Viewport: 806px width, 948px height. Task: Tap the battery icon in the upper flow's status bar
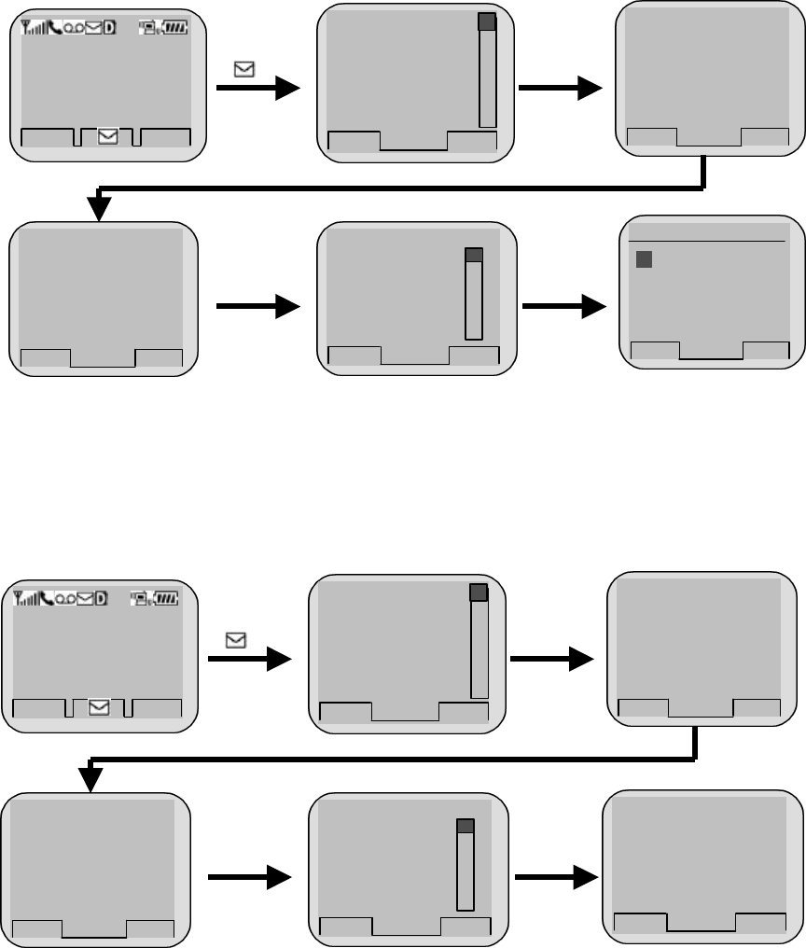174,29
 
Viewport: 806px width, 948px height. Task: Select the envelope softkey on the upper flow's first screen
108,136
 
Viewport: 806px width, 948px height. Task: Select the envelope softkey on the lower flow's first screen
99,707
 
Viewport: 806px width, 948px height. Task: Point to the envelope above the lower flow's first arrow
235,640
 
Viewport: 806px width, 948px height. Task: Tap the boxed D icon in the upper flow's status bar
110,29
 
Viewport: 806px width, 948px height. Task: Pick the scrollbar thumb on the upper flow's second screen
487,23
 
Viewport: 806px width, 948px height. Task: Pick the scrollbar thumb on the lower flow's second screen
479,592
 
